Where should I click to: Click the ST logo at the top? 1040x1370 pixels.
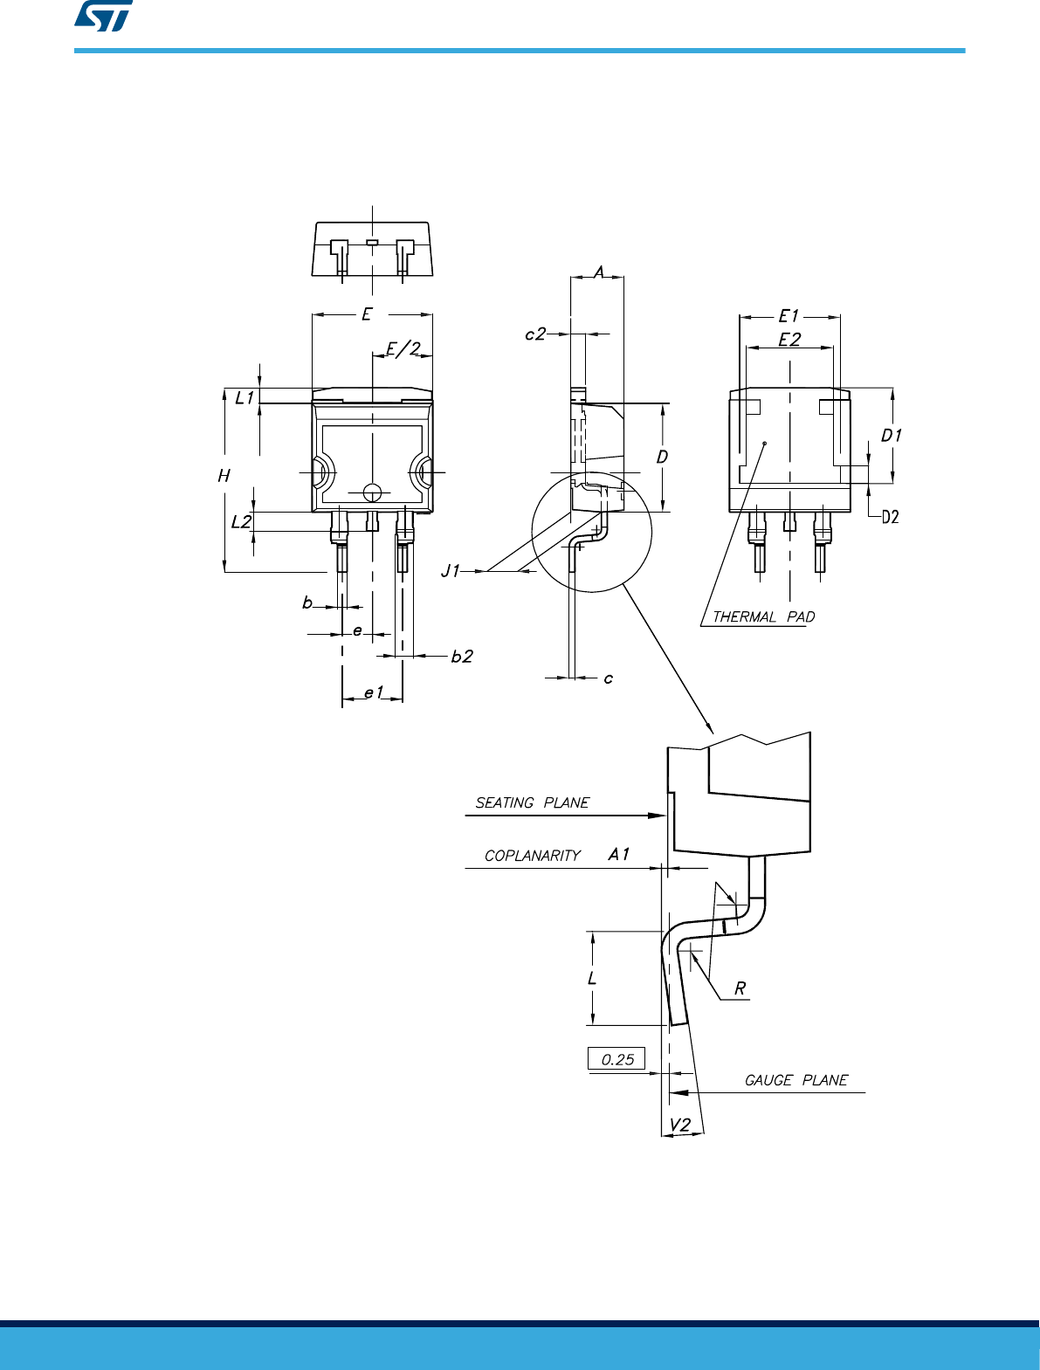(103, 17)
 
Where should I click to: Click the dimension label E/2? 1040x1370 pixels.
(403, 349)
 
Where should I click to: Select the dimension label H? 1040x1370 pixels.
(224, 476)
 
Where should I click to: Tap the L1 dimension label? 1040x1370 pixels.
(245, 398)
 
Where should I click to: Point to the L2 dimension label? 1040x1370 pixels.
(241, 522)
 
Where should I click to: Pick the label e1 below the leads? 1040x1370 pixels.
(373, 692)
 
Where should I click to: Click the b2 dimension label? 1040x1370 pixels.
(462, 657)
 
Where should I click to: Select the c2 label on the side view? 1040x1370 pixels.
(535, 334)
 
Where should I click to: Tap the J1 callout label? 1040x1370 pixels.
(451, 571)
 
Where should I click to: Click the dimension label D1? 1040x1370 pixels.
(892, 435)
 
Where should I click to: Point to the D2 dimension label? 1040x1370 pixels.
(890, 517)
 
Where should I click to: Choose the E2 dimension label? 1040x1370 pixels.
(789, 340)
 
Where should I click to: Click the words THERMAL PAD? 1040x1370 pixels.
(763, 617)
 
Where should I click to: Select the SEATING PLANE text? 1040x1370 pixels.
(532, 802)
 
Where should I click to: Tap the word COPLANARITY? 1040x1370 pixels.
(533, 856)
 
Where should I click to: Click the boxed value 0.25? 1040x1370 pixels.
(617, 1059)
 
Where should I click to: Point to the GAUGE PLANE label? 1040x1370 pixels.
(795, 1080)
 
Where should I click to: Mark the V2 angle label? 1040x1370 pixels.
(679, 1125)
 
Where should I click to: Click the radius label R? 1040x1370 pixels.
(740, 988)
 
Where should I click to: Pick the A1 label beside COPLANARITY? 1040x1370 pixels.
(618, 855)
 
